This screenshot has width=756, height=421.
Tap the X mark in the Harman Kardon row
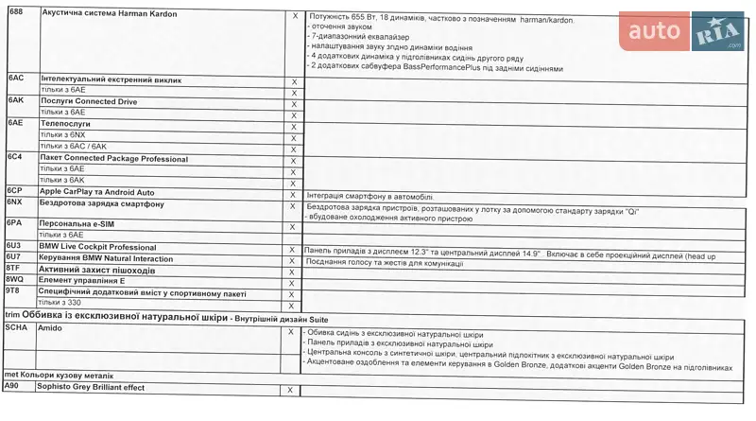coord(295,16)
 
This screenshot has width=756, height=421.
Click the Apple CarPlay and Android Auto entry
coord(97,192)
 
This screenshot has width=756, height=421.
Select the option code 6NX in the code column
coord(15,202)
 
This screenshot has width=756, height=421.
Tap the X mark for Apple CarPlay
coord(293,192)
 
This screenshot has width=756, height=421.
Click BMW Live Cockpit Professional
coord(97,247)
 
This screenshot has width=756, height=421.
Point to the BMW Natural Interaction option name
coord(106,258)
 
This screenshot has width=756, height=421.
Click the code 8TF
coord(14,269)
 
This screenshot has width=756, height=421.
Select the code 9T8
coord(14,291)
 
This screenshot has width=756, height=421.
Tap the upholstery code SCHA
coord(18,326)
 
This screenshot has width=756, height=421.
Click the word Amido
coord(51,327)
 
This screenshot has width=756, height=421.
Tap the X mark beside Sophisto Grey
coord(290,390)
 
